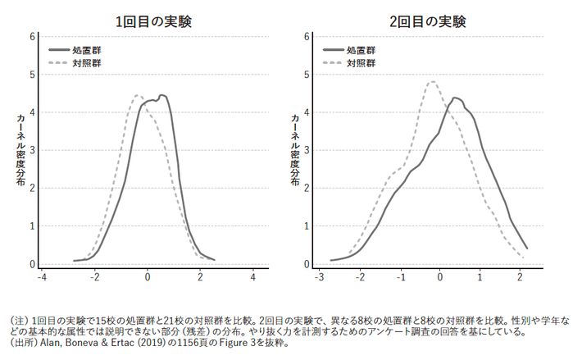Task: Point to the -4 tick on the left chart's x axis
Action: click(43, 277)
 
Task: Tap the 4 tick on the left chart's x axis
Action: click(252, 277)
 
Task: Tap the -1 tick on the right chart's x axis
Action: click(401, 277)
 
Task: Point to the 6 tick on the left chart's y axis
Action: click(31, 36)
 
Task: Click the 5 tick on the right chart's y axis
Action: click(305, 75)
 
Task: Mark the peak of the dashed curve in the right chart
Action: click(432, 81)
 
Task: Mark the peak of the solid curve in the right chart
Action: click(455, 98)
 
